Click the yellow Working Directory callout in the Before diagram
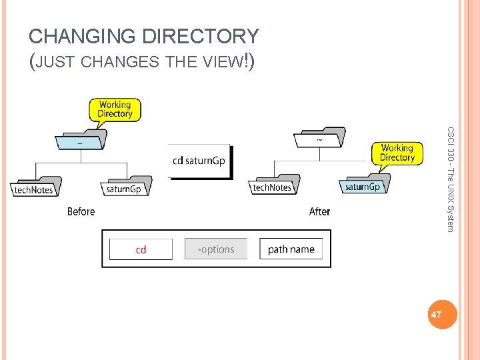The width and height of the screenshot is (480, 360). point(115,109)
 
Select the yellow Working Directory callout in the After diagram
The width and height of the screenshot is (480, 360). point(397,153)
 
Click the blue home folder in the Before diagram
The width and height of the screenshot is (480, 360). point(81,141)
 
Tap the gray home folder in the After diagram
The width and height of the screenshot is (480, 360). point(319,139)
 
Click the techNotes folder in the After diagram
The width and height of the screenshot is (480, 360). point(273,185)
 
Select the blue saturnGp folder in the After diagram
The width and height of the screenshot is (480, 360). point(364,185)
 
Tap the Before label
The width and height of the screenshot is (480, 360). point(81,211)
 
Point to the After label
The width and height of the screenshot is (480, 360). point(319,211)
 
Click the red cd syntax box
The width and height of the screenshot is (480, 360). point(141,249)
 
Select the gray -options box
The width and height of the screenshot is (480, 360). point(216,249)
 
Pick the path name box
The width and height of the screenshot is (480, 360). point(291,249)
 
